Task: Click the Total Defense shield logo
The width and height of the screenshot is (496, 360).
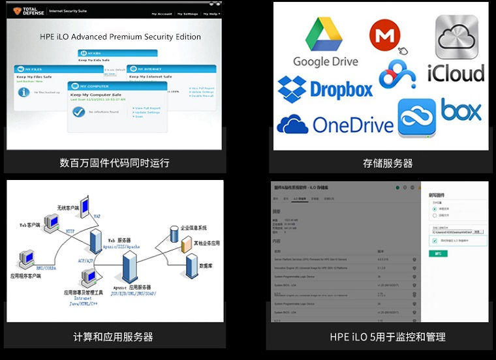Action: pos(18,11)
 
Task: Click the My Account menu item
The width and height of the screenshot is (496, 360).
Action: pos(162,14)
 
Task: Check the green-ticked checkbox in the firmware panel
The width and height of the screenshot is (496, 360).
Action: pos(435,241)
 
